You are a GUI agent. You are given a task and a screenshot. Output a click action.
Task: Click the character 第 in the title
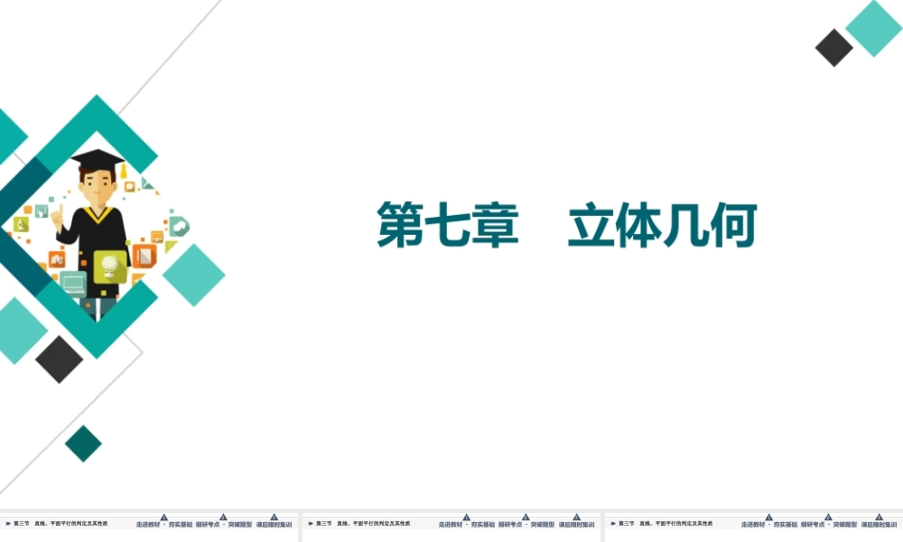(x=401, y=226)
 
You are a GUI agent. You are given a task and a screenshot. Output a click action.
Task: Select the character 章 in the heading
(x=496, y=226)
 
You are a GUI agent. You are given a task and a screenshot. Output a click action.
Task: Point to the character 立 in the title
(x=591, y=226)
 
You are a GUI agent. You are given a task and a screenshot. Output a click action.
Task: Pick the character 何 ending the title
(x=732, y=226)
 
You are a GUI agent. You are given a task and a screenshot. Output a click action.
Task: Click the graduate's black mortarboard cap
(x=97, y=159)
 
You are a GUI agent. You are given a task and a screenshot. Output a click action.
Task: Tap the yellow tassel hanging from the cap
(x=123, y=170)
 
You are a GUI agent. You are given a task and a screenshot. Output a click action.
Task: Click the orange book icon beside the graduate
(x=144, y=256)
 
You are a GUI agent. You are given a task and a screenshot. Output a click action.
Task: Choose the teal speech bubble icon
(x=179, y=226)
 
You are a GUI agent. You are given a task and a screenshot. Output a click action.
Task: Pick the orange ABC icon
(x=56, y=258)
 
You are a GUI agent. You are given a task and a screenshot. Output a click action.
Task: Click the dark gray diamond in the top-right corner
(x=833, y=48)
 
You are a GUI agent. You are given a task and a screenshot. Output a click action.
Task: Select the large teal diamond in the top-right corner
(x=873, y=28)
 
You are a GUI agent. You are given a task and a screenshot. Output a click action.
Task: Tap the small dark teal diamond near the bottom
(x=83, y=444)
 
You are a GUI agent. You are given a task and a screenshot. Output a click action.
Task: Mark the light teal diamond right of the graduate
(x=193, y=275)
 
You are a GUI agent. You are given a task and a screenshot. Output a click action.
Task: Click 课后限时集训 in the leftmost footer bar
(x=274, y=524)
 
